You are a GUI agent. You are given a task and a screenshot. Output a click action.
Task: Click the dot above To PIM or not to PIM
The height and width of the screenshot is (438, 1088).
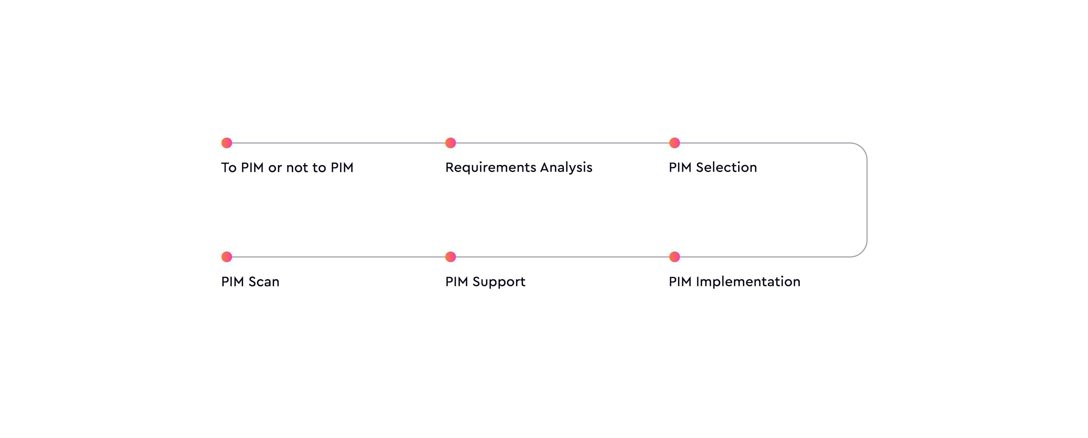[227, 143]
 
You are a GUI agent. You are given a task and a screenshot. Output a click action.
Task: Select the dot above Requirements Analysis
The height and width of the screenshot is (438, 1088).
[451, 143]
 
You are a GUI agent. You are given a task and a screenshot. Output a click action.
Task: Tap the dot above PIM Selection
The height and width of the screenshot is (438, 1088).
[674, 143]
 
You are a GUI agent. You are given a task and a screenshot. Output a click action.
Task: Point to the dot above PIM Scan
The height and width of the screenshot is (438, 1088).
[227, 257]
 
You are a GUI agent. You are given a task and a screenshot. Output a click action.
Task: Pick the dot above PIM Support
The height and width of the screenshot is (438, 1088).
[451, 257]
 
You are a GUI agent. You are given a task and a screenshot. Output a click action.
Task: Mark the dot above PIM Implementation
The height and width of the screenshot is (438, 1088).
[674, 257]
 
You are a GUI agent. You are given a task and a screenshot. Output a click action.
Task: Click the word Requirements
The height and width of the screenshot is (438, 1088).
[491, 168]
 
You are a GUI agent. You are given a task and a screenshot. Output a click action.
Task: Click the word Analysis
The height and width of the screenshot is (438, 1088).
[566, 168]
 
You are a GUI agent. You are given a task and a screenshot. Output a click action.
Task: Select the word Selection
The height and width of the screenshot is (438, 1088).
[726, 167]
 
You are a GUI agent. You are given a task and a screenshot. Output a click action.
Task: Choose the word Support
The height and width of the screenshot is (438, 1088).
[499, 282]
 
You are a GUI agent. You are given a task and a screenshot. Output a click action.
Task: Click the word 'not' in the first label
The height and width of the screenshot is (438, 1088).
[297, 168]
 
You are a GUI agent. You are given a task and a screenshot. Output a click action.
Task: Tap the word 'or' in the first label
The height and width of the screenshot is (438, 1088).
[275, 169]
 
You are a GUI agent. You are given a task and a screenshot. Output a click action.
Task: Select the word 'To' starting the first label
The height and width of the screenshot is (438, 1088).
[229, 168]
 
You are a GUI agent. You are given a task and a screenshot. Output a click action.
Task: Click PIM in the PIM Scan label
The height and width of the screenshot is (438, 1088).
[233, 282]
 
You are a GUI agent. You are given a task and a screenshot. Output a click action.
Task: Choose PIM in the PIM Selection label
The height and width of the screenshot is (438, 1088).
[680, 167]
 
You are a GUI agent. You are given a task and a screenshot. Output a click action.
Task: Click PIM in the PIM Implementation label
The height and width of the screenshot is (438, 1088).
[680, 282]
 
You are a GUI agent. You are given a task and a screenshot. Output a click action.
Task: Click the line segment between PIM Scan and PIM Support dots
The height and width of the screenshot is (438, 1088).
[339, 257]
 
